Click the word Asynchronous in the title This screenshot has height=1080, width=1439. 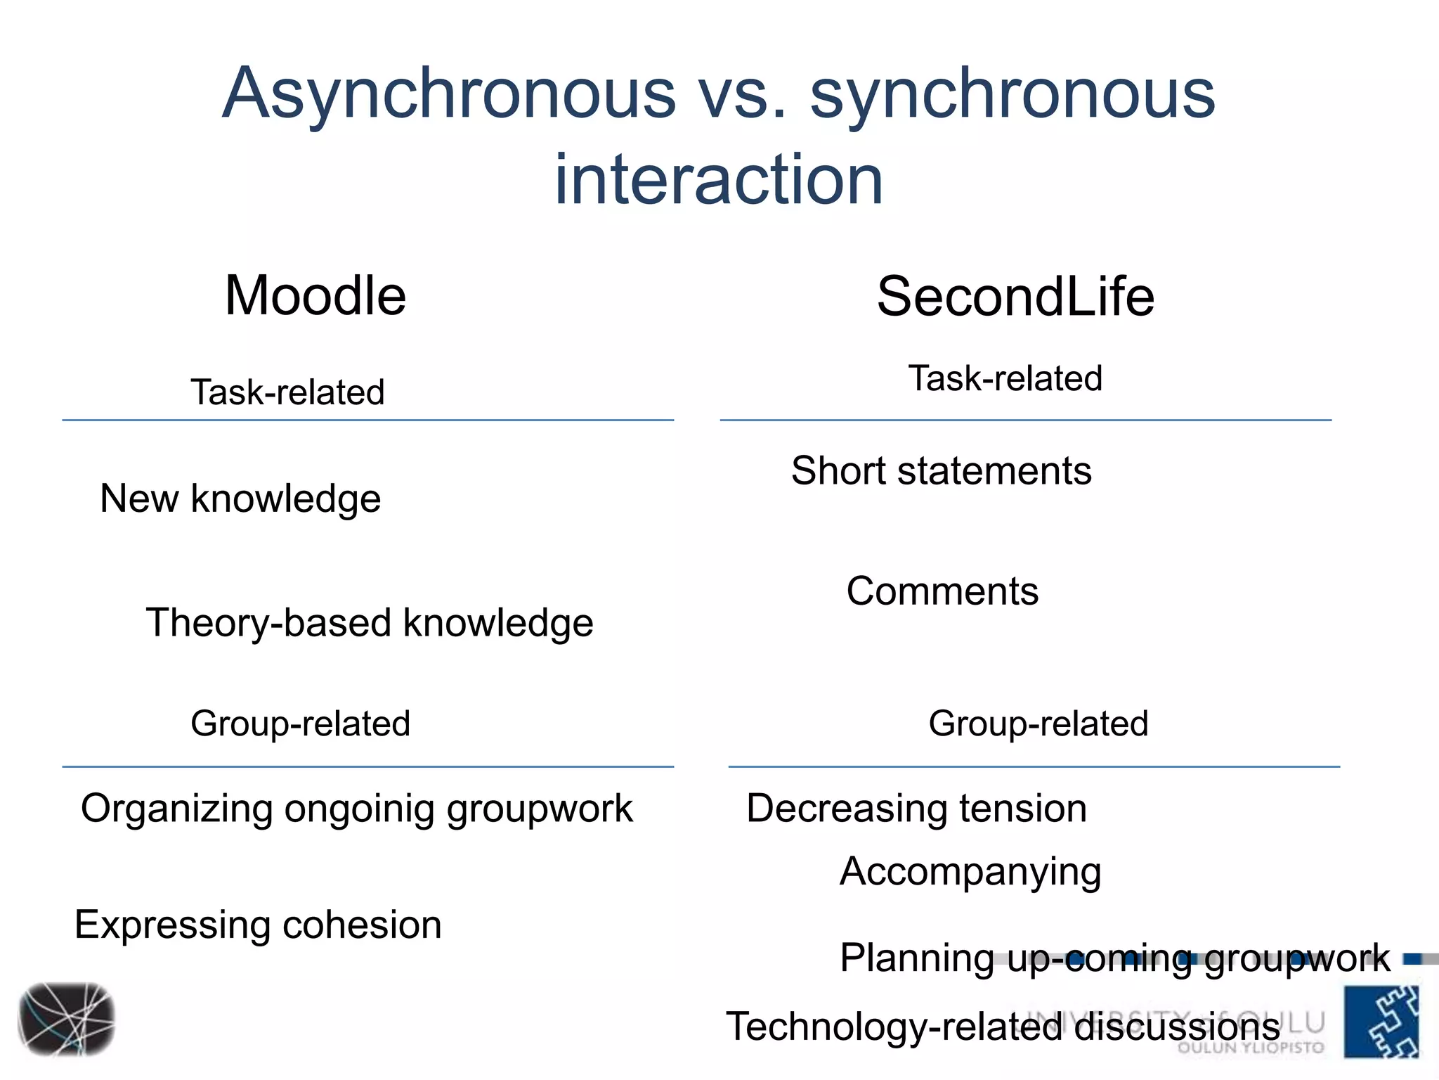point(449,95)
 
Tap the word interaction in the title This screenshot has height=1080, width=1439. point(718,180)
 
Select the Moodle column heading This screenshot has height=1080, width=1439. point(315,296)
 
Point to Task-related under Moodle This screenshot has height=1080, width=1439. point(287,392)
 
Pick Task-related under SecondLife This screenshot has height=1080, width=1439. point(1005,378)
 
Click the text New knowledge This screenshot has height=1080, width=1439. point(240,499)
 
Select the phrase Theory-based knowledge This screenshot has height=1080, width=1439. point(370,624)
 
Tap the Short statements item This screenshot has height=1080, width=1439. point(942,471)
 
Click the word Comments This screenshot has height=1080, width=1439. point(942,591)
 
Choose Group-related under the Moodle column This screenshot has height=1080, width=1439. point(300,724)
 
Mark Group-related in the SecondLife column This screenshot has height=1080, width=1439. point(1038,724)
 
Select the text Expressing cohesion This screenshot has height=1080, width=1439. point(258,925)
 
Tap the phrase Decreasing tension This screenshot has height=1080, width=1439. point(916,809)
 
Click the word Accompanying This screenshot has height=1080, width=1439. point(970,873)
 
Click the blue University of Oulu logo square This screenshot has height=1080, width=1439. point(1381,1021)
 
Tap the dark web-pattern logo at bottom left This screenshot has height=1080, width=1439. point(67,1020)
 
